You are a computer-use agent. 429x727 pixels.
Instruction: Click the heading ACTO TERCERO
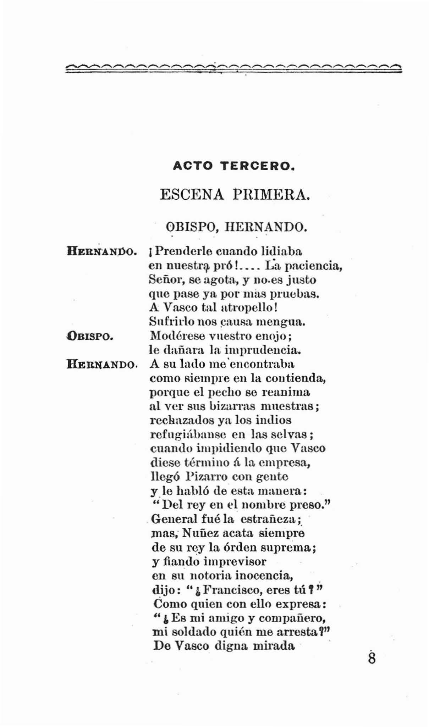234,166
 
